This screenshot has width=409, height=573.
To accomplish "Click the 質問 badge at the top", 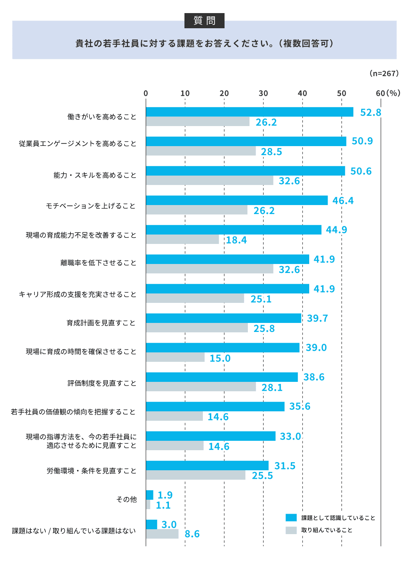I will tap(204, 20).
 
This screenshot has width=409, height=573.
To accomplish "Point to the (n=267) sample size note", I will tap(384, 73).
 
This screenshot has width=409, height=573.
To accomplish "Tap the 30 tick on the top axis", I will tap(263, 93).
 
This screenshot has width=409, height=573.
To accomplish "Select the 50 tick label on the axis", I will tap(342, 93).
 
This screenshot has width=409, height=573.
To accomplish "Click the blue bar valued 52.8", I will tap(249, 112).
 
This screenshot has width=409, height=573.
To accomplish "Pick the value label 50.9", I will tap(362, 141).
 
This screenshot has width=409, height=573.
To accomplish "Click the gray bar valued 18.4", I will tap(182, 239).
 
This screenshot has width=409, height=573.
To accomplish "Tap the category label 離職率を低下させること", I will tap(98, 263).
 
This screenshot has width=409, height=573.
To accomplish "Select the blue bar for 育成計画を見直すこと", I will tap(223, 318).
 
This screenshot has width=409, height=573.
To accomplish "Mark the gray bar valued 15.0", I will tap(175, 357).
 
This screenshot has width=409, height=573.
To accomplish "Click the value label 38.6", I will tap(314, 377).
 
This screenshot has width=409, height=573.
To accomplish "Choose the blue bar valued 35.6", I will tap(215, 406).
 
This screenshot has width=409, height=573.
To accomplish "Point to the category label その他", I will tap(126, 499).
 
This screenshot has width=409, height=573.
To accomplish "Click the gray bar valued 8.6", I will tap(162, 534).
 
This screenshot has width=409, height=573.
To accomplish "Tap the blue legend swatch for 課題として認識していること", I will tap(291, 518).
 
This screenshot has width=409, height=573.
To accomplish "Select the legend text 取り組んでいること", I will tap(326, 530).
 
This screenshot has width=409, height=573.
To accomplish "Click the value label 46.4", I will tap(343, 201).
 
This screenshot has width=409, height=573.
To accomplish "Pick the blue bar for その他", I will tap(150, 495).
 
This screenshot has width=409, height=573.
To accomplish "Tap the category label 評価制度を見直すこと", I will tap(102, 383).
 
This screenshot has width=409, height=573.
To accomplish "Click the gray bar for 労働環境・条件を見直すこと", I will tap(196, 475).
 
